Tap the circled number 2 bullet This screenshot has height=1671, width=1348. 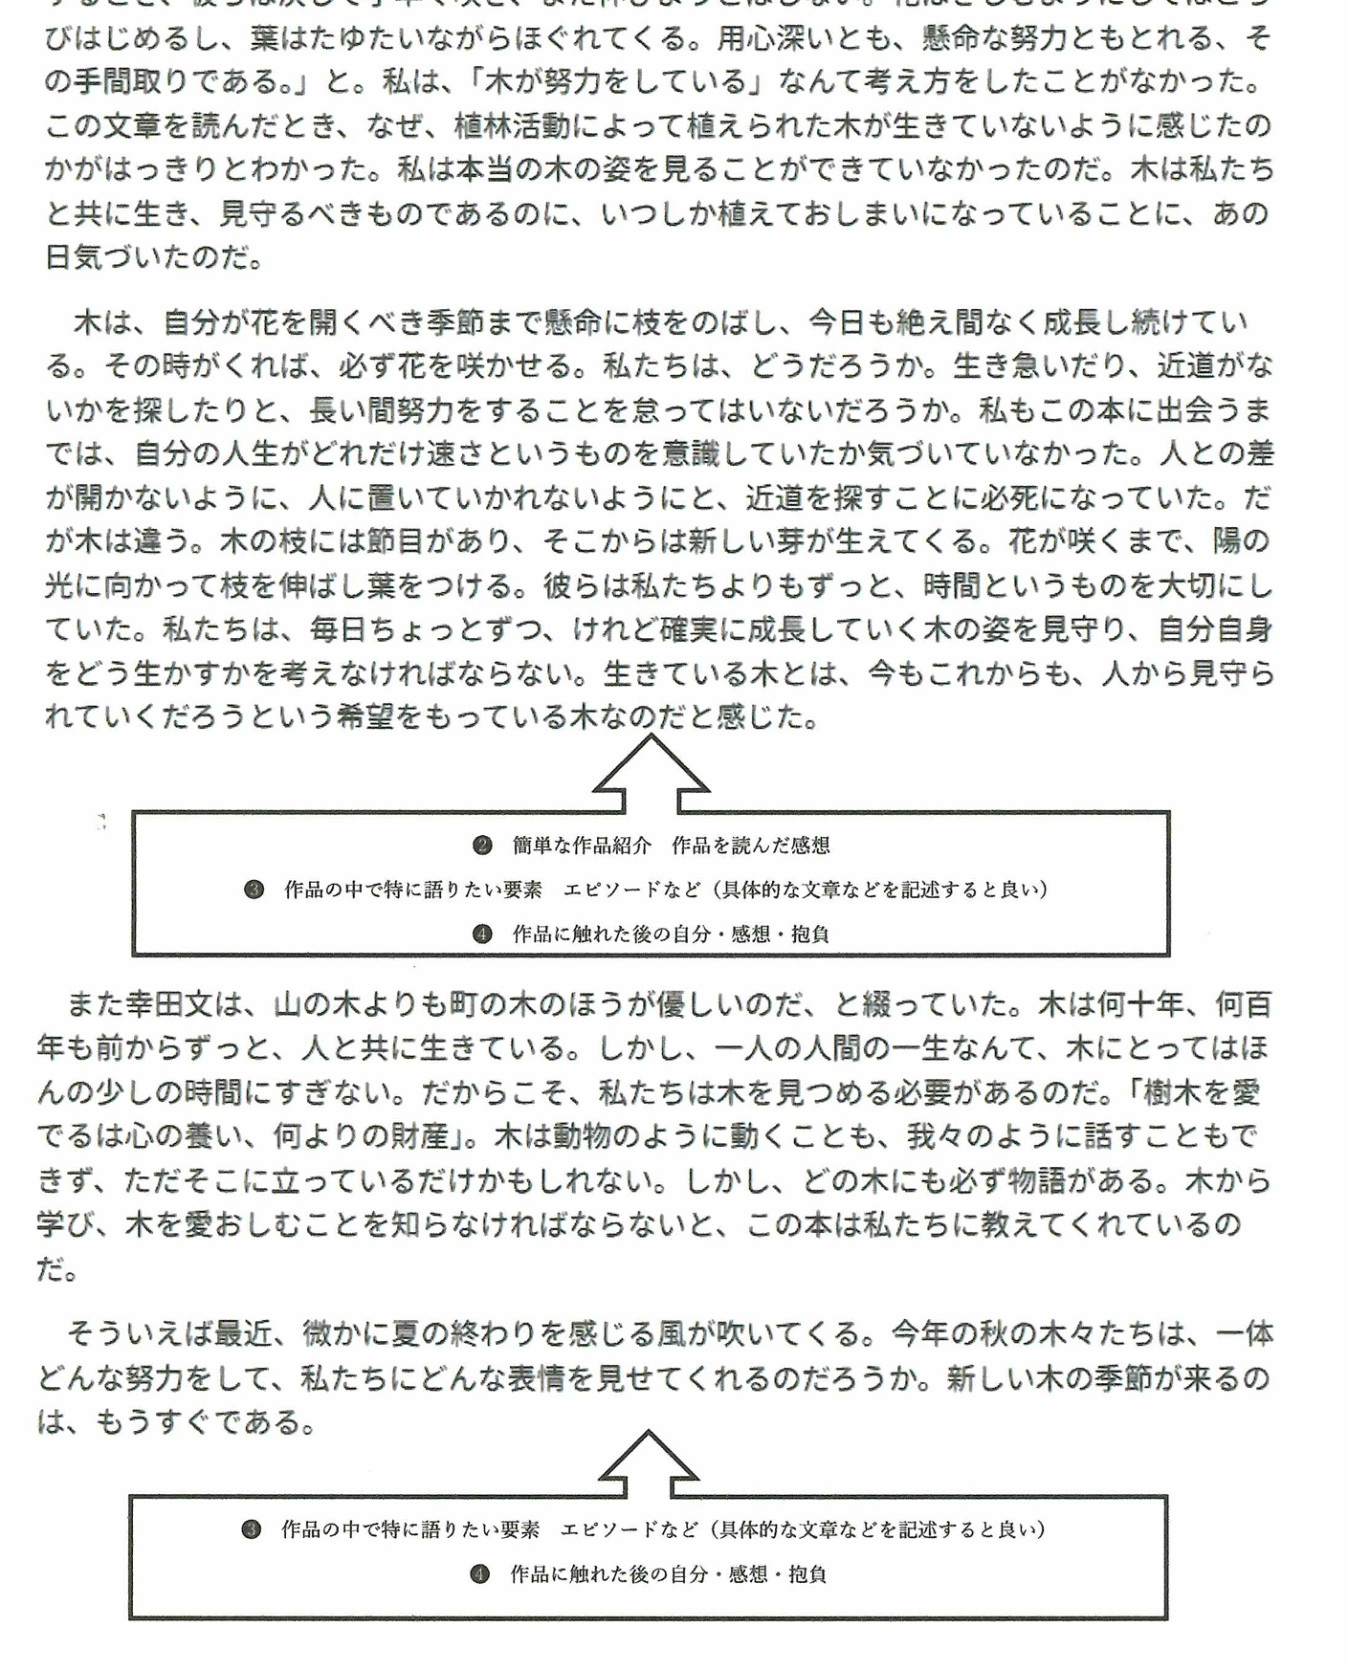[x=482, y=845]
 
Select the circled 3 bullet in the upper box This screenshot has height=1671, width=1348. [x=254, y=890]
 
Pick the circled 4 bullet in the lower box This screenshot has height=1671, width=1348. [x=479, y=1573]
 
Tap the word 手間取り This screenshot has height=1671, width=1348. [x=134, y=82]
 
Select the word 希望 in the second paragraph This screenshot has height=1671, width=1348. [x=365, y=716]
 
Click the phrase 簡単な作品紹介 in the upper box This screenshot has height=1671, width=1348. [x=582, y=845]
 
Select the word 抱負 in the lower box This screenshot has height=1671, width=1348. [x=807, y=1573]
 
